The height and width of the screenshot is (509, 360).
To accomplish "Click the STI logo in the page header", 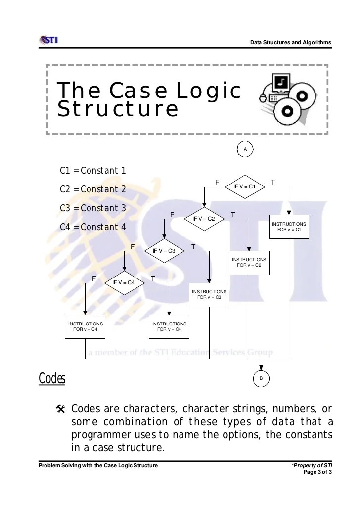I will (48, 40).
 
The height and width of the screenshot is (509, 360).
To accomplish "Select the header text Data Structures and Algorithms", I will (291, 42).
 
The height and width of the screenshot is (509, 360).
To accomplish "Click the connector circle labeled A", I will (245, 148).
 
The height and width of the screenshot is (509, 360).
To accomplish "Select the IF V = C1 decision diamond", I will (245, 186).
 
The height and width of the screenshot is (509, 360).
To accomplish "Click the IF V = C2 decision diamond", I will (204, 218).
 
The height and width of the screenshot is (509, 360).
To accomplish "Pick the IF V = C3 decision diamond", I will (164, 251).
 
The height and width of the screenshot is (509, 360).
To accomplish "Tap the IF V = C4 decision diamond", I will (124, 282).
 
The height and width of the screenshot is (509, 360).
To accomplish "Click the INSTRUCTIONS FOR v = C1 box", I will (289, 227).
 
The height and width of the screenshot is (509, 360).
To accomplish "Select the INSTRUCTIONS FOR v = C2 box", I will (249, 262).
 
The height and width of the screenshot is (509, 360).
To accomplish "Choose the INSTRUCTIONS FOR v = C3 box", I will (209, 294).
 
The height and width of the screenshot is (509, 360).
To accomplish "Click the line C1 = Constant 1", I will (92, 171).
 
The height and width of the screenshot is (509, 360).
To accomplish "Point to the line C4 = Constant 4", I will (92, 227).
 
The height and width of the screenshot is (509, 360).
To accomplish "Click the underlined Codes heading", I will (52, 379).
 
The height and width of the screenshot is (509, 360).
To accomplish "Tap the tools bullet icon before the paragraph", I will (61, 409).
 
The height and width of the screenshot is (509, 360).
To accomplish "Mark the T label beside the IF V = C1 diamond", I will (273, 183).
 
